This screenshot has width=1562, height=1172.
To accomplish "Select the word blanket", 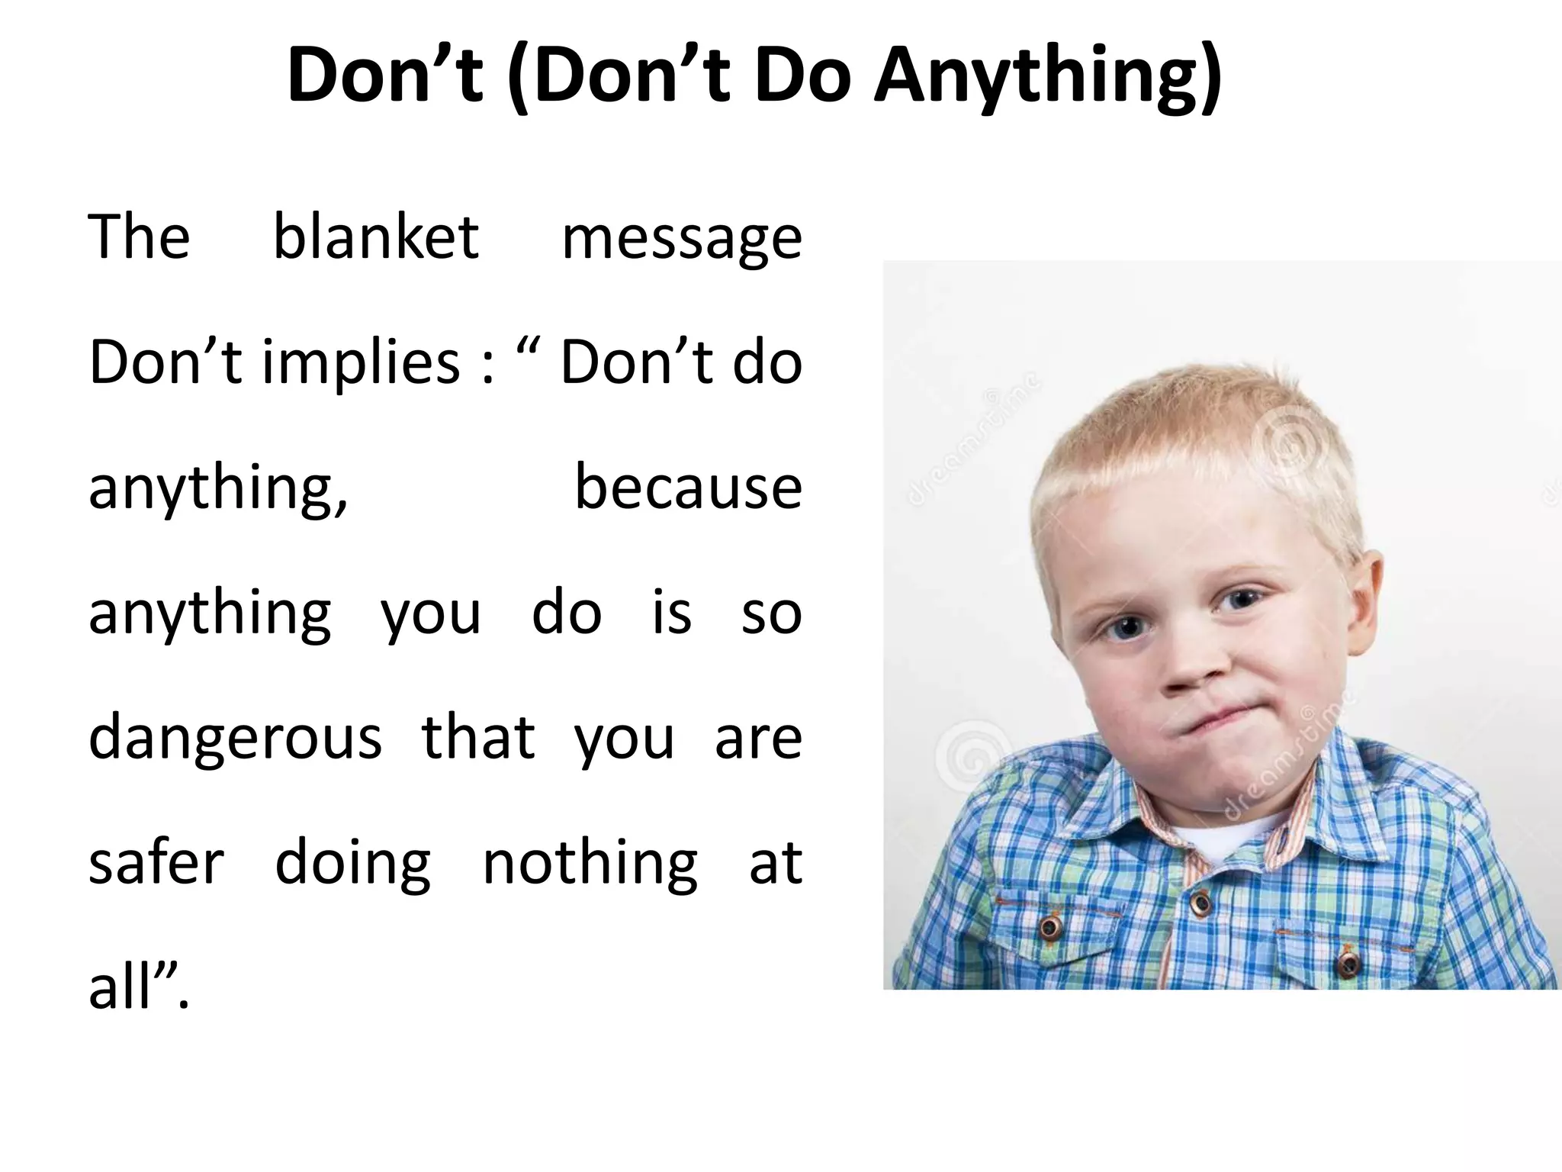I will pyautogui.click(x=376, y=237).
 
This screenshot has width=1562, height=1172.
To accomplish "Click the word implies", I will pyautogui.click(x=362, y=363).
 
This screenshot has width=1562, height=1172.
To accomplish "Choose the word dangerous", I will pyautogui.click(x=235, y=739).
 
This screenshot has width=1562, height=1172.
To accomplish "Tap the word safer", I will pyautogui.click(x=156, y=863).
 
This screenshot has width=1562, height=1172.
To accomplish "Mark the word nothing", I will pyautogui.click(x=590, y=865).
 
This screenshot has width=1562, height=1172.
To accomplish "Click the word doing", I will pyautogui.click(x=353, y=865).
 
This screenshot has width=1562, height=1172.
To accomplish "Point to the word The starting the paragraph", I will pyautogui.click(x=139, y=237).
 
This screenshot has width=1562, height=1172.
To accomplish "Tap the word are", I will pyautogui.click(x=758, y=739).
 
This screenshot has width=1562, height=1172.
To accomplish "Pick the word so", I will pyautogui.click(x=771, y=613).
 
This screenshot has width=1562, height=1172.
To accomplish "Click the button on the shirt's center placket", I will pyautogui.click(x=1201, y=905).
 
